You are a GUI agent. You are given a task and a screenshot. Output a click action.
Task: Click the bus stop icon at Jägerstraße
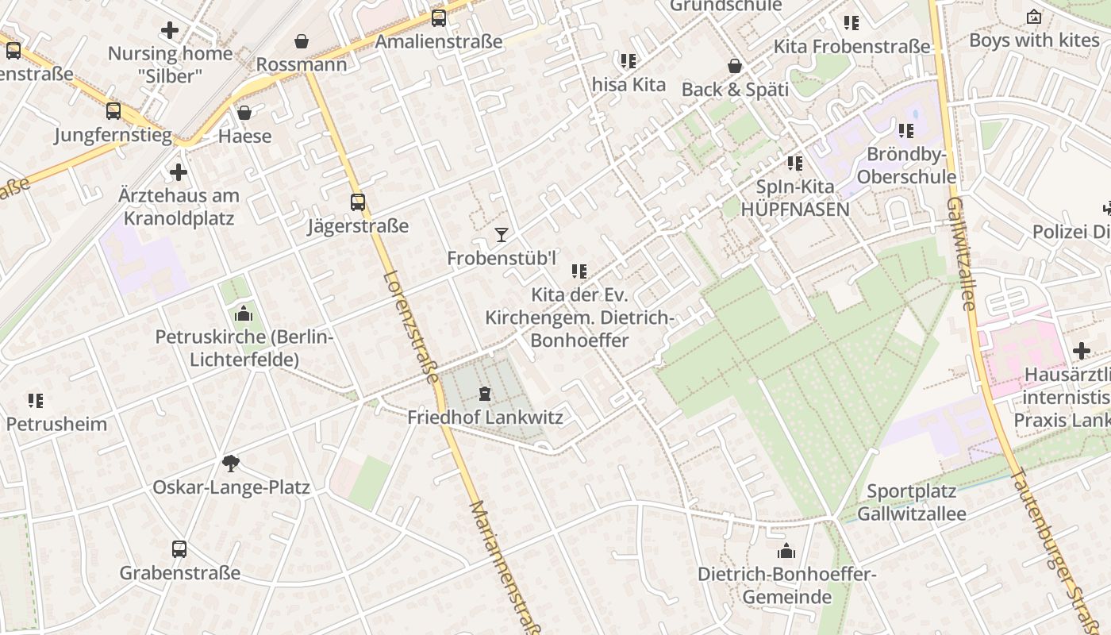[x=358, y=202]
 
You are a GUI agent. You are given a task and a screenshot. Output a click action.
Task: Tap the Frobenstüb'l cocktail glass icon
[x=501, y=234]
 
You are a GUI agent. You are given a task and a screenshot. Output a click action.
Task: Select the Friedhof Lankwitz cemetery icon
[x=485, y=394]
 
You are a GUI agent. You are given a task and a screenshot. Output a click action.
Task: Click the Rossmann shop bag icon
[x=302, y=40]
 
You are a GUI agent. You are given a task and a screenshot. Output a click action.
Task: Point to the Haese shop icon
[x=244, y=113]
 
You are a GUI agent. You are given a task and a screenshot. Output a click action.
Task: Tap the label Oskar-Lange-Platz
[x=231, y=487]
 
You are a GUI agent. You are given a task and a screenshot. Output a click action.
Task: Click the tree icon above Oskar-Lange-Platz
[x=231, y=463]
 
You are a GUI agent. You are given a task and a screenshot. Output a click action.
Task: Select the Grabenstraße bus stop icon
[x=179, y=548]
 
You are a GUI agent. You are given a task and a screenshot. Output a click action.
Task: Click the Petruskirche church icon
[x=244, y=314]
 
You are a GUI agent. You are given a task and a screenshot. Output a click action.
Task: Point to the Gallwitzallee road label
[x=960, y=254]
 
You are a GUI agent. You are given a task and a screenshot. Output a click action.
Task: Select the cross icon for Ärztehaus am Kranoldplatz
[x=179, y=171]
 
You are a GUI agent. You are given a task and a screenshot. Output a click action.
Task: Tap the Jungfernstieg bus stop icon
[x=113, y=111]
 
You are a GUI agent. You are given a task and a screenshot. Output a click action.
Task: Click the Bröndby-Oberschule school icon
[x=905, y=131]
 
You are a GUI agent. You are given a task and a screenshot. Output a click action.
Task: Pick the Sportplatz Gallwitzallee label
[x=912, y=502]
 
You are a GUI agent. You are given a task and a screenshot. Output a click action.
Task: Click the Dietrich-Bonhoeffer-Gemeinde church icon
[x=786, y=551]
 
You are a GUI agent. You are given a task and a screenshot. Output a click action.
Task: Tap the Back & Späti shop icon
[x=735, y=66]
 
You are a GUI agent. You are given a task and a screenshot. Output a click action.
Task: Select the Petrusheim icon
[x=36, y=400]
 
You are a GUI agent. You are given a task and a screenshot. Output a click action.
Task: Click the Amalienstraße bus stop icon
[x=439, y=17]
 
